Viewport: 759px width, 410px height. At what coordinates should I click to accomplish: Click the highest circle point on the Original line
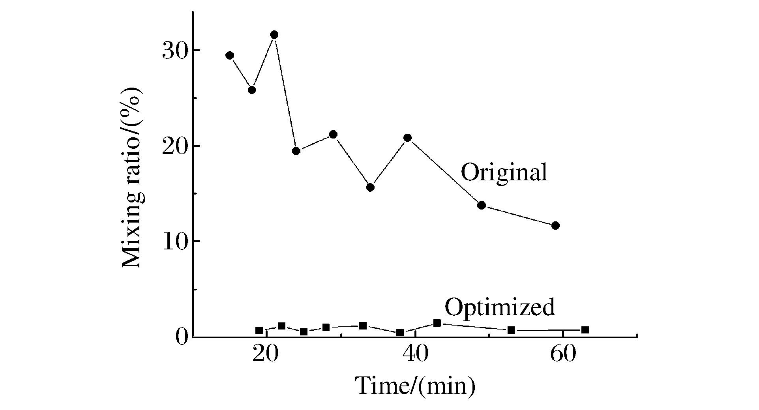pos(274,35)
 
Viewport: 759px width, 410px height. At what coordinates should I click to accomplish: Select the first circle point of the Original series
pos(230,55)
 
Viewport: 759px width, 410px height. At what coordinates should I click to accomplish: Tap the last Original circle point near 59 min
pos(555,225)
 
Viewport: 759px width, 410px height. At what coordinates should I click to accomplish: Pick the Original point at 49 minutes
pos(482,205)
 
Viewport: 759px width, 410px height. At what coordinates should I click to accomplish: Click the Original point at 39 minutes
pos(408,138)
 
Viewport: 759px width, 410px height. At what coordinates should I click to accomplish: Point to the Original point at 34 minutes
pos(370,187)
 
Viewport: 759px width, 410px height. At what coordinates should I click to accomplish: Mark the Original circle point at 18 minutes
pos(252,90)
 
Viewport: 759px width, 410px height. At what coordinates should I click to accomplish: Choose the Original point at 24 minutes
pos(296,151)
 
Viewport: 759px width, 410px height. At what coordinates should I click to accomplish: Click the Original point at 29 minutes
pos(333,135)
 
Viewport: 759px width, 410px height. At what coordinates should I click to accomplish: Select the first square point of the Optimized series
pos(259,330)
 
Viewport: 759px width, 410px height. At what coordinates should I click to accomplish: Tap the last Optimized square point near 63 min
pos(585,330)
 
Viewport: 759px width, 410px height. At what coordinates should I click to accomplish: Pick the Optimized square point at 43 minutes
pos(437,323)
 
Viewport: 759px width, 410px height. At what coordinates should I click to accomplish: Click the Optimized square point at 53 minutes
pos(511,330)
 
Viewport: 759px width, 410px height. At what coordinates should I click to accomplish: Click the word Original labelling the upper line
pos(504,172)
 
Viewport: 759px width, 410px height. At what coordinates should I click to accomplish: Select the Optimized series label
pos(500,307)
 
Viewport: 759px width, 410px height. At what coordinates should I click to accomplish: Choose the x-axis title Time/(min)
pos(415,386)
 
